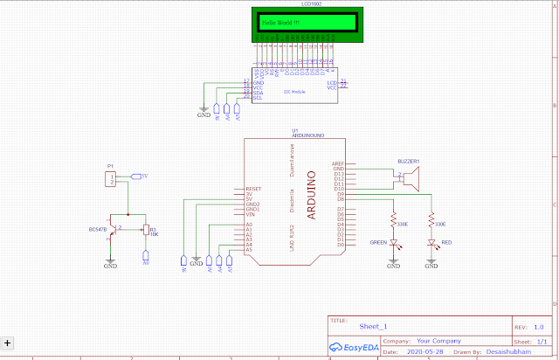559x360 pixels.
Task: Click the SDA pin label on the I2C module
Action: (x=258, y=93)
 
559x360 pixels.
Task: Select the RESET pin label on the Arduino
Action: (x=254, y=188)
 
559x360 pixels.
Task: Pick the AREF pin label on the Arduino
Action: (x=339, y=163)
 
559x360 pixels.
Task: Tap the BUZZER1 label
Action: (x=409, y=161)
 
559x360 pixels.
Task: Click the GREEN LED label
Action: (x=378, y=242)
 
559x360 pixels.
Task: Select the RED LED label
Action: (x=446, y=242)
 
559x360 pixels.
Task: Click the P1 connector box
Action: (x=111, y=178)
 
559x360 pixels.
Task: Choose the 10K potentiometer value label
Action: (x=154, y=234)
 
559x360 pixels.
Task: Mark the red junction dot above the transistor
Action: (x=128, y=214)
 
